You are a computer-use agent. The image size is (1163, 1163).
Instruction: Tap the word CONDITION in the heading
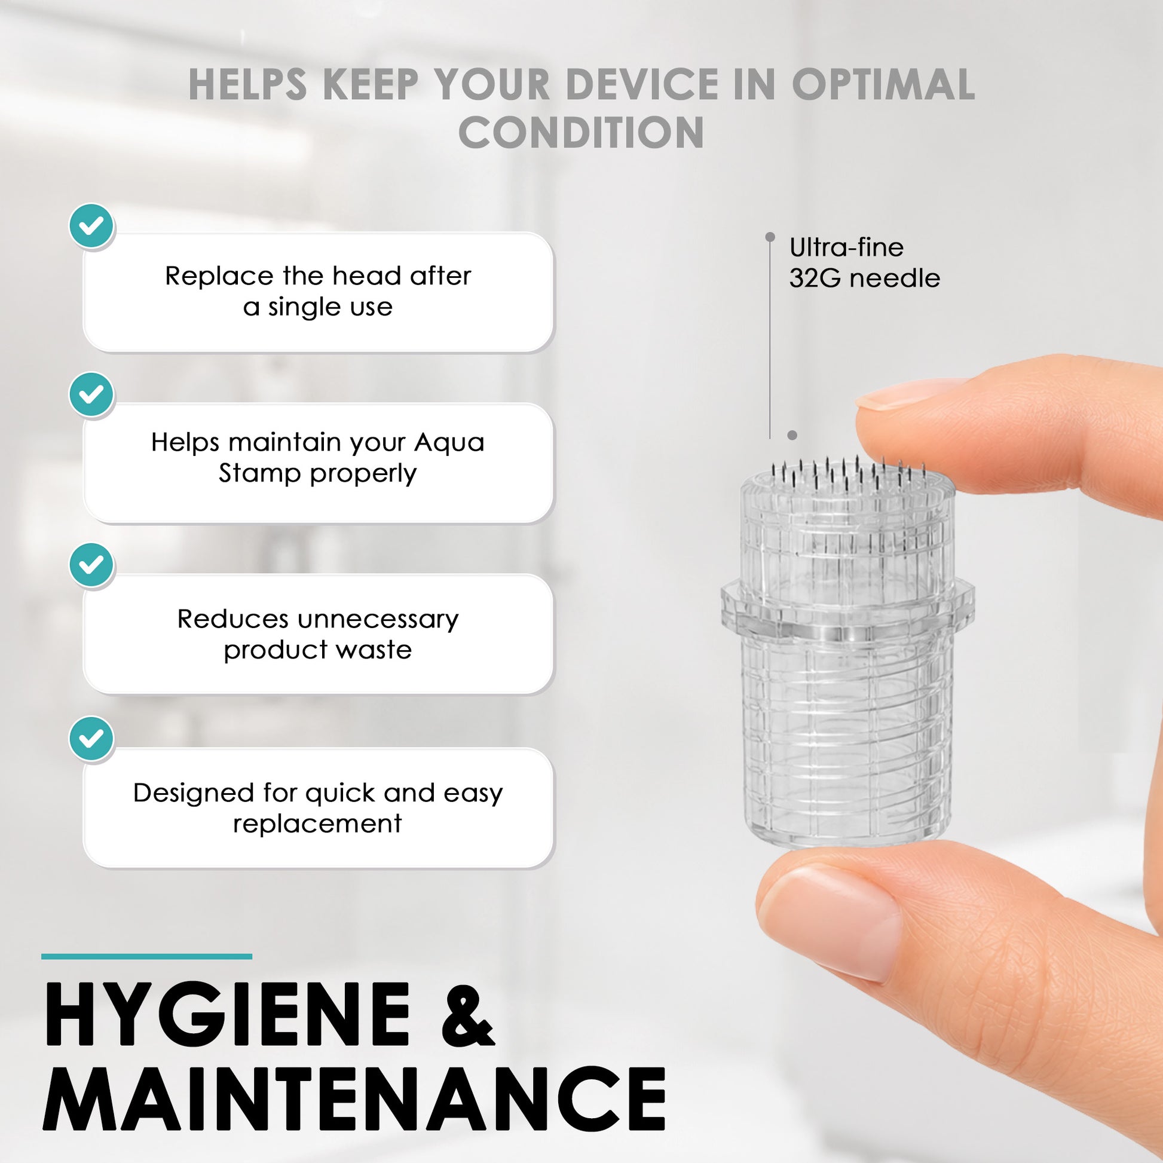coord(581,132)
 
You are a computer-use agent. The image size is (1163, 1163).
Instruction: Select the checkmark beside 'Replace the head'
coord(91,226)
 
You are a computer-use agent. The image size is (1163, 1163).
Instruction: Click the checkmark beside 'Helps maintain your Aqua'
coord(91,394)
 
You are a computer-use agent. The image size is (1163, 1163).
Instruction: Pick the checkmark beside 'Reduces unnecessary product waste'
coord(91,565)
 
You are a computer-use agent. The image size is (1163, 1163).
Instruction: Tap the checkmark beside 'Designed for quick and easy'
coord(91,738)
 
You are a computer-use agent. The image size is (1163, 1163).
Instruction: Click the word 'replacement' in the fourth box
coord(318,824)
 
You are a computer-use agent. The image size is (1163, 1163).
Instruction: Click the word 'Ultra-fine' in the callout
coord(846,247)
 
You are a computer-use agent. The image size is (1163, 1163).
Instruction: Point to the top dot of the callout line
coord(770,237)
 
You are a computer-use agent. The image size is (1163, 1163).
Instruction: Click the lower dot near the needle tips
coord(792,435)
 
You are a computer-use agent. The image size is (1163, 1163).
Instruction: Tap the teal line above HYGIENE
coord(147,957)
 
